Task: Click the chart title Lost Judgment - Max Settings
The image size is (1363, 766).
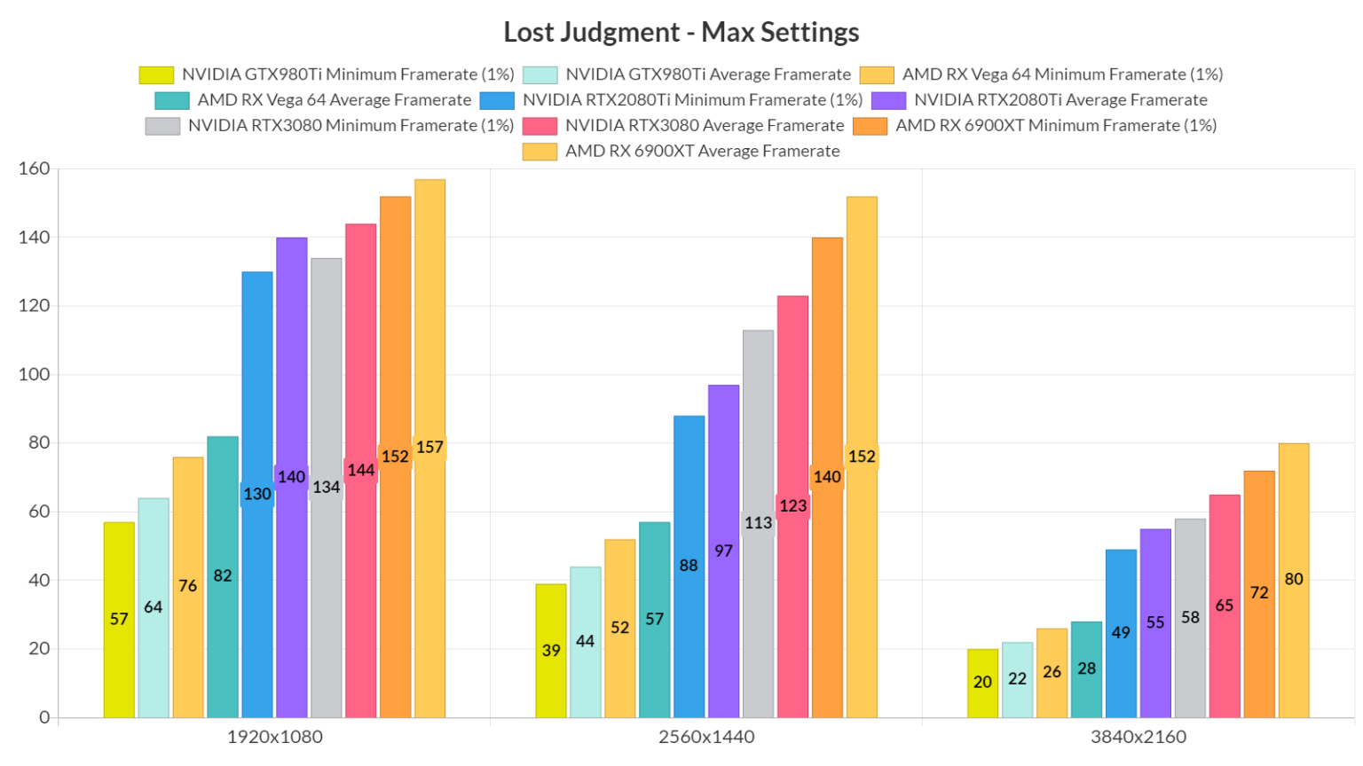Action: click(681, 32)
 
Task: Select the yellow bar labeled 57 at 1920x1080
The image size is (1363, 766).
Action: click(119, 621)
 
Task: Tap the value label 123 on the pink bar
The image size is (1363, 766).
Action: click(792, 505)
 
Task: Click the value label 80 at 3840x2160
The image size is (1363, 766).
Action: click(1293, 579)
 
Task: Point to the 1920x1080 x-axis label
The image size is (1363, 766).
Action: click(274, 737)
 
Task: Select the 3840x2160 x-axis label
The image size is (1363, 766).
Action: click(1138, 737)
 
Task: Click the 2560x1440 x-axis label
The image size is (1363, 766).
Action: click(706, 737)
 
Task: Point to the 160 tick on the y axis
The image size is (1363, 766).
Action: click(34, 168)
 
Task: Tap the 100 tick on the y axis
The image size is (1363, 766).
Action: click(34, 374)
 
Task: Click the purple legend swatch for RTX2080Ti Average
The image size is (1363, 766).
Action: click(888, 100)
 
